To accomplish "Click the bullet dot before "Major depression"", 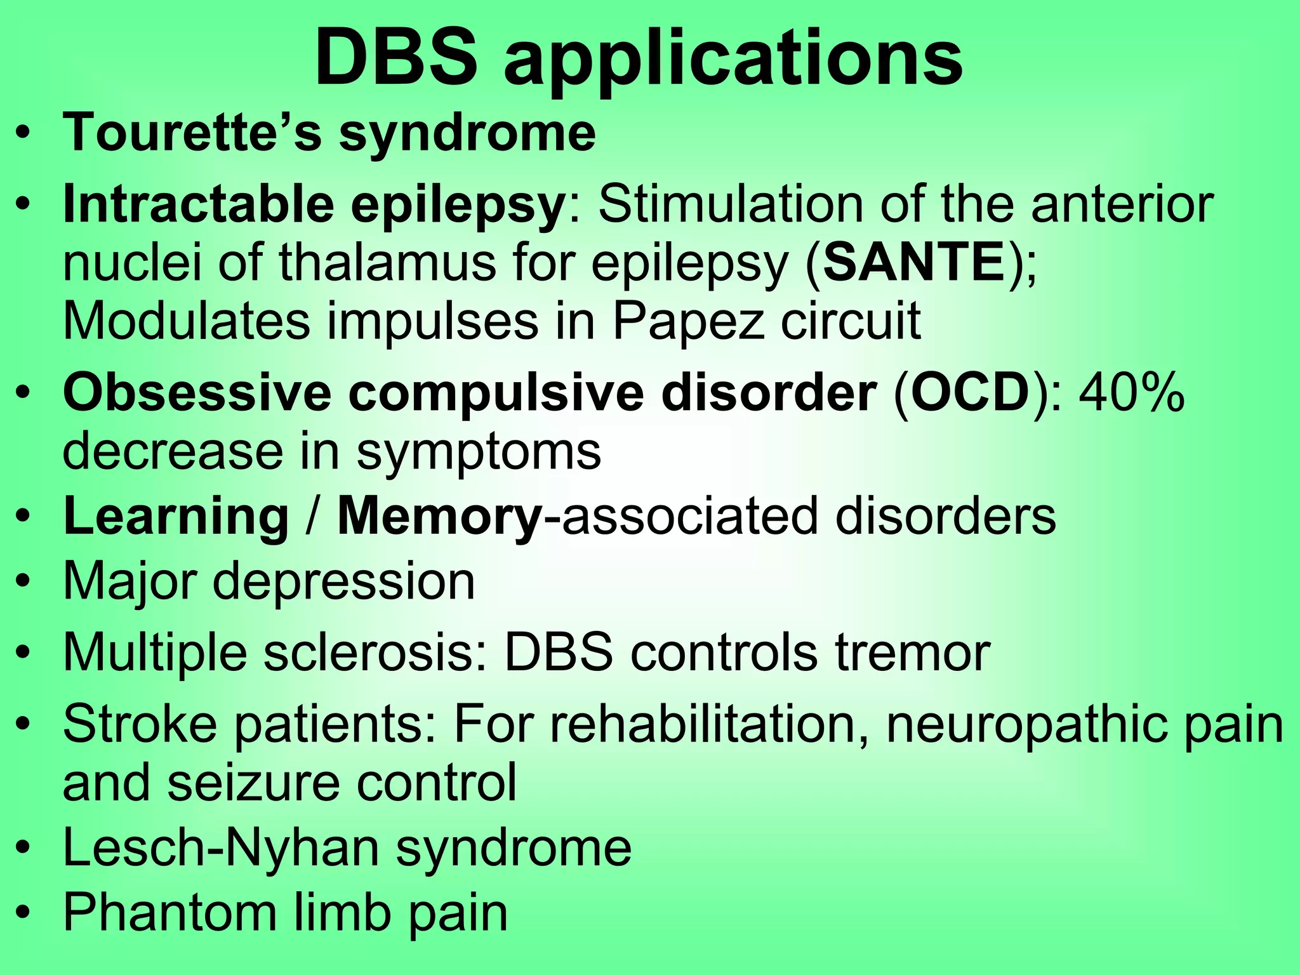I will (23, 583).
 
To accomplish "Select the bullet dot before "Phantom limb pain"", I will (23, 913).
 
